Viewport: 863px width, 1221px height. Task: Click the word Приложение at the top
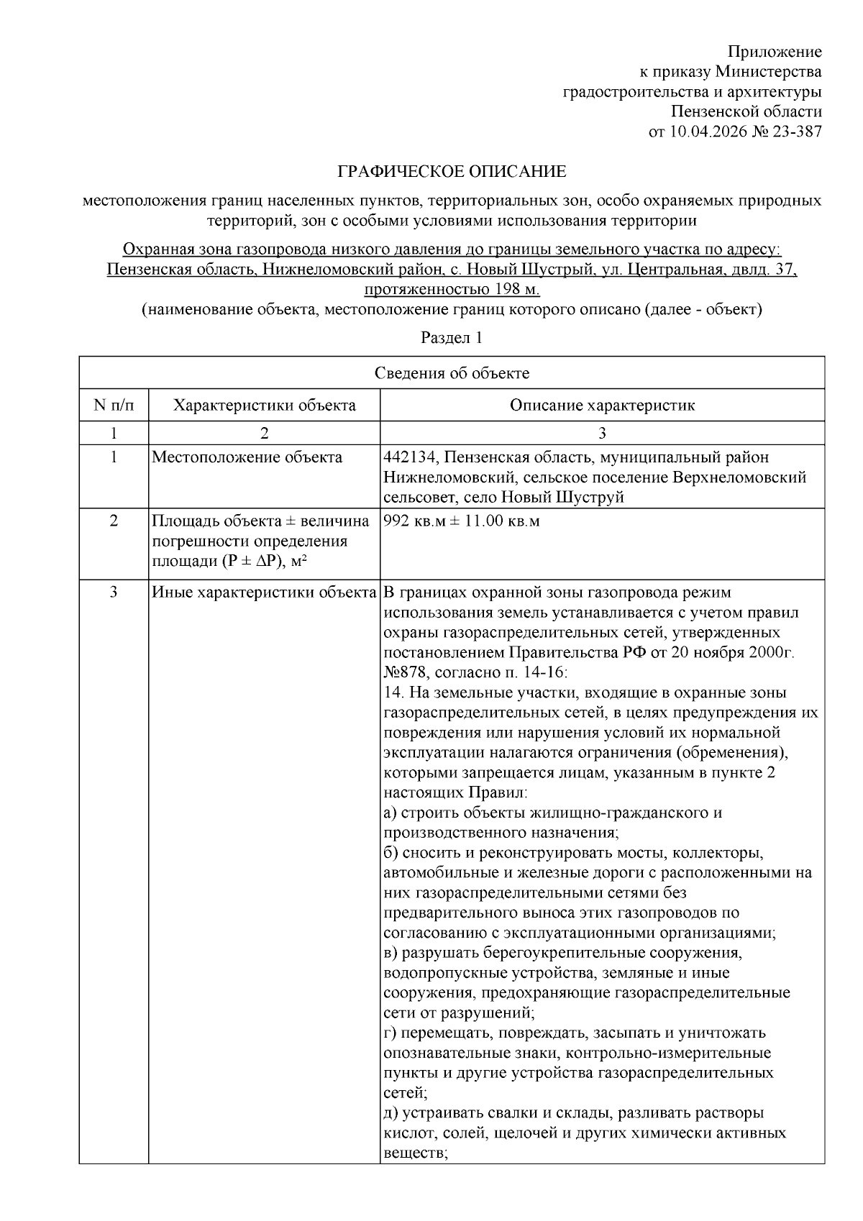point(775,52)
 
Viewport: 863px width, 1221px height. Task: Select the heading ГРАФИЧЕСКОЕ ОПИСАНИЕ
point(452,172)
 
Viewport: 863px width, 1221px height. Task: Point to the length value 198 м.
point(513,290)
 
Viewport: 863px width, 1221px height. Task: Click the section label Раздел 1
point(452,338)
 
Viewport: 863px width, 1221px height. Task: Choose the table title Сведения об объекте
point(452,372)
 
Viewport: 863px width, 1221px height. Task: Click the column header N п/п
point(114,406)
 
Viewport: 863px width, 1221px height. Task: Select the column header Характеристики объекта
point(264,406)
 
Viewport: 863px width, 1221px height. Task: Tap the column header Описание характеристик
point(602,406)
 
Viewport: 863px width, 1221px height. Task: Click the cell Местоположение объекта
point(247,457)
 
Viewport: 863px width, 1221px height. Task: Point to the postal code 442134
point(408,457)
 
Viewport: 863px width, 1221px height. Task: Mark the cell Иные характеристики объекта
point(264,593)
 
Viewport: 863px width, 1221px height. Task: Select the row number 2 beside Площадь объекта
point(114,521)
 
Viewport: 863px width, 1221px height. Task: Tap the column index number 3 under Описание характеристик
point(602,433)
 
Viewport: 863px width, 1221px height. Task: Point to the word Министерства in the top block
point(769,72)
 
